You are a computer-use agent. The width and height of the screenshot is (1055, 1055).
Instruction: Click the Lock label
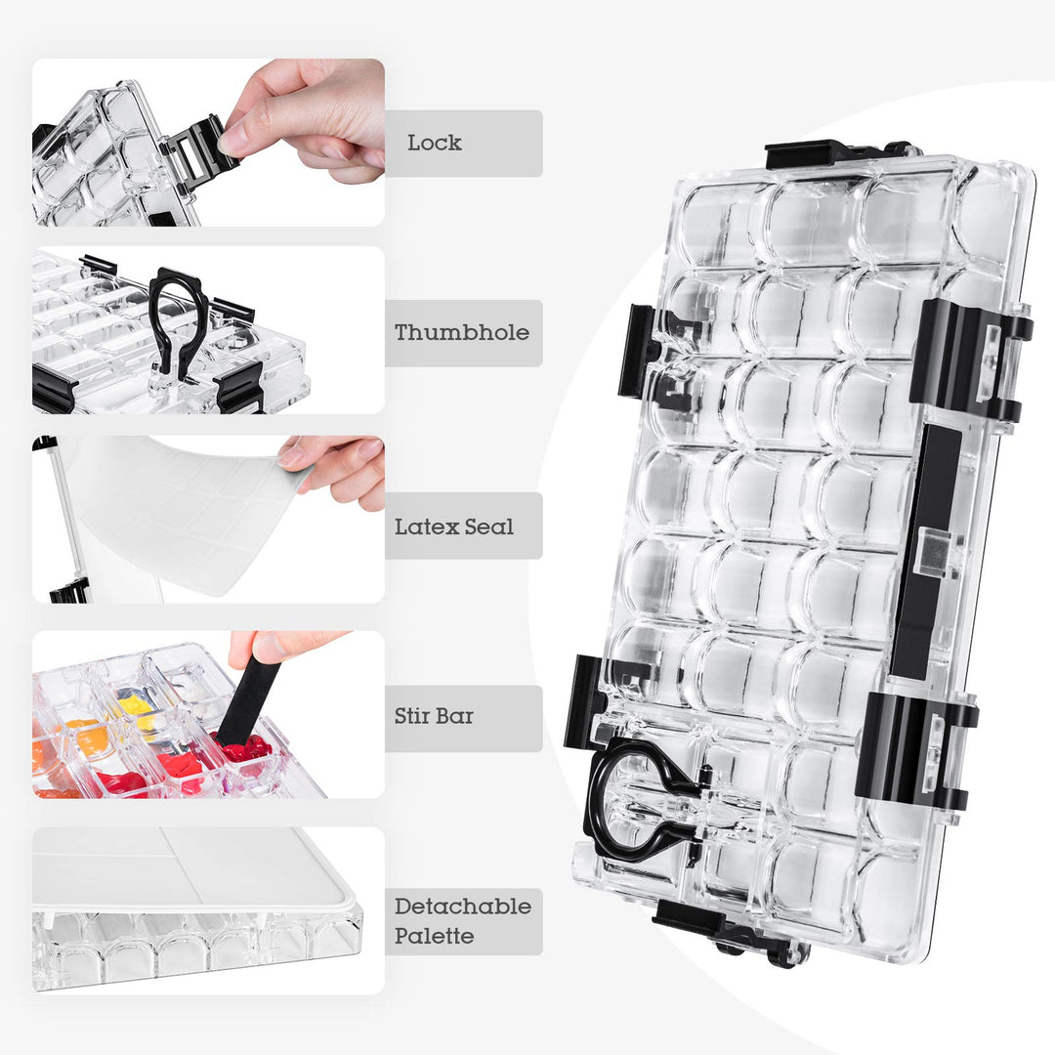tap(435, 143)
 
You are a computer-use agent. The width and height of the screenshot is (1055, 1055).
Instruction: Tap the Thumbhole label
tap(462, 332)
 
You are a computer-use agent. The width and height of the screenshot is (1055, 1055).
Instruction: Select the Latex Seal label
tap(454, 527)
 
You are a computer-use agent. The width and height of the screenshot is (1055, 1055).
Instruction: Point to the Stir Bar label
tap(434, 716)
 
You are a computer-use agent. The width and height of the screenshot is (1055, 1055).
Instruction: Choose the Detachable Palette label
tap(463, 920)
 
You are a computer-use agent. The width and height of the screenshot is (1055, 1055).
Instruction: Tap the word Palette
tap(434, 936)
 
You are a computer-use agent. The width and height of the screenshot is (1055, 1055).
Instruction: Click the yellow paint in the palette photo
tap(136, 705)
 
